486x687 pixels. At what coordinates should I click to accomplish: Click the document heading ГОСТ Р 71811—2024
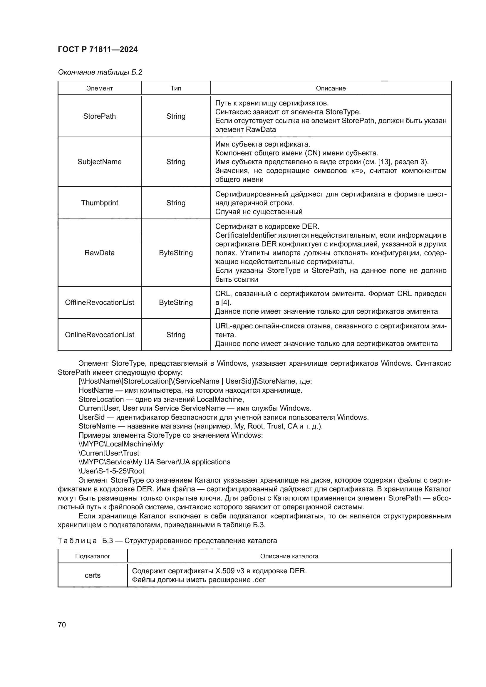click(x=98, y=50)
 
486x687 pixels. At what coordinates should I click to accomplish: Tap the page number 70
click(x=62, y=625)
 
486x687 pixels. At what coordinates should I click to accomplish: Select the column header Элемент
click(x=99, y=88)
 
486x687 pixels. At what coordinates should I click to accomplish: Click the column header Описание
click(x=331, y=88)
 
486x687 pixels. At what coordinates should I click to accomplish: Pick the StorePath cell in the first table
click(x=99, y=116)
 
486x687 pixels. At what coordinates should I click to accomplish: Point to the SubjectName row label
click(x=99, y=162)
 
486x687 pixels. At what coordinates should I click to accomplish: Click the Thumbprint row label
click(x=99, y=203)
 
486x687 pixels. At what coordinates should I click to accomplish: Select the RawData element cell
click(x=99, y=253)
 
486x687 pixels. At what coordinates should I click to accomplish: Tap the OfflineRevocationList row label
click(x=99, y=303)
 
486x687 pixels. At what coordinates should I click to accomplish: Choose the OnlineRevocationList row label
click(x=99, y=335)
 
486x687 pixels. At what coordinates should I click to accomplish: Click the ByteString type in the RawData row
click(x=176, y=253)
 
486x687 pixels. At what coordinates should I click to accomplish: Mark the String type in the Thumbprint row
click(x=176, y=203)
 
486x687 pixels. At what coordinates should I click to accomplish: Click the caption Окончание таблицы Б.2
click(x=100, y=72)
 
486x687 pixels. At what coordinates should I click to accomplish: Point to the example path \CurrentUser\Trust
click(x=109, y=453)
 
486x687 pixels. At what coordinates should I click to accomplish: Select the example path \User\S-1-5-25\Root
click(x=111, y=471)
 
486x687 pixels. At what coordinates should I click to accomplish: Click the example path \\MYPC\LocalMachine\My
click(x=121, y=444)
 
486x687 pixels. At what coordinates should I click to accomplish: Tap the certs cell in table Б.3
click(x=93, y=575)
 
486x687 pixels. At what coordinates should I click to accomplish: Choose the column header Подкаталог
click(x=93, y=556)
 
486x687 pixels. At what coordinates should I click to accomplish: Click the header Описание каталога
click(x=289, y=556)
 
